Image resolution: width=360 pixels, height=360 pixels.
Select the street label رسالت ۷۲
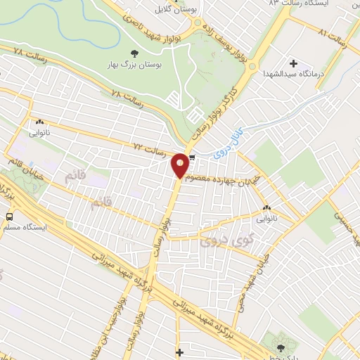point(149,150)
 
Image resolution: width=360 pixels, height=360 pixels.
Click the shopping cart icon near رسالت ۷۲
point(191,157)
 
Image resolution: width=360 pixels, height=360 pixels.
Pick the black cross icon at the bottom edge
point(180,352)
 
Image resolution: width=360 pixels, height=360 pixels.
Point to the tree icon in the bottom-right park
point(282,346)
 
